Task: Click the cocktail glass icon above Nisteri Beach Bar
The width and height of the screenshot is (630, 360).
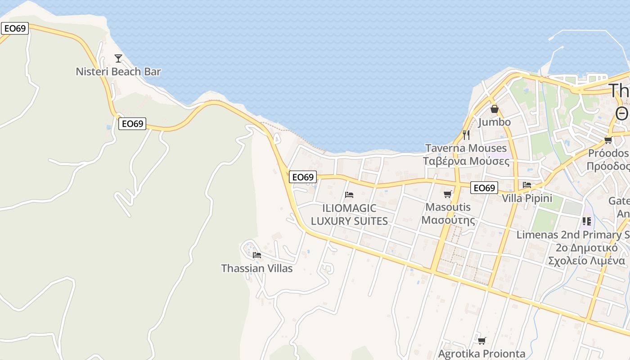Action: point(118,58)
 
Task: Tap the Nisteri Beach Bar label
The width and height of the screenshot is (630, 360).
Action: point(118,72)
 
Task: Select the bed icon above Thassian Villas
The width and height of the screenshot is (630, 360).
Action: point(257,255)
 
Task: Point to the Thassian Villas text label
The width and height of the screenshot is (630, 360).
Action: point(256,269)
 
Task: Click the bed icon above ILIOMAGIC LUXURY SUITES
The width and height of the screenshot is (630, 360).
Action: point(349,195)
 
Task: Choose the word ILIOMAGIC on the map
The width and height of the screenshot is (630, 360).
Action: point(349,208)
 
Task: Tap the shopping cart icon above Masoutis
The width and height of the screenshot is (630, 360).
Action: point(447,194)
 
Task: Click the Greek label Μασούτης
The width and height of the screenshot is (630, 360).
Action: point(448,220)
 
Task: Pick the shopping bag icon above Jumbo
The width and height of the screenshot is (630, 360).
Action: point(494,109)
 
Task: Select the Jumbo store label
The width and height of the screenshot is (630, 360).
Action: point(494,122)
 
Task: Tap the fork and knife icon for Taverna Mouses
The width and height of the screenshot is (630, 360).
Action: point(466,135)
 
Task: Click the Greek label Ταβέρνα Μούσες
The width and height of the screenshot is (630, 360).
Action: point(466,161)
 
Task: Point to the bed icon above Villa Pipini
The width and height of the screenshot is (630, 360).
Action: point(527,185)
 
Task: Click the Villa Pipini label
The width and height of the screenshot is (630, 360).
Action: point(527,198)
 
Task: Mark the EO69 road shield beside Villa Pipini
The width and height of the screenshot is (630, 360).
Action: point(484,188)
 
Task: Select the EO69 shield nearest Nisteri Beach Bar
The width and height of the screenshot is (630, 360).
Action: point(132,124)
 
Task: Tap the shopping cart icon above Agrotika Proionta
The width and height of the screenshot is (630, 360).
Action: point(481,341)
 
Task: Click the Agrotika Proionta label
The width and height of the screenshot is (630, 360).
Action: point(481,354)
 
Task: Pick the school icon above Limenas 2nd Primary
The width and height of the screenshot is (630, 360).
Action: point(587,221)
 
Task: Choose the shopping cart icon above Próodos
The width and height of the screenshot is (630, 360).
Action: point(608,140)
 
